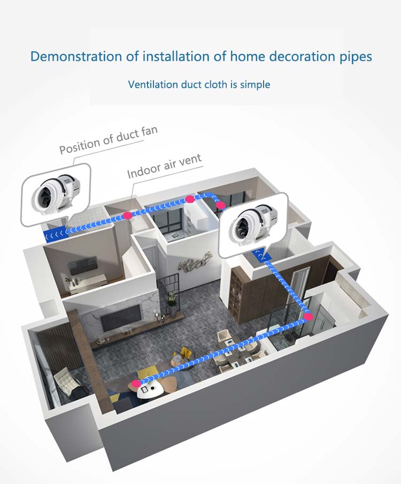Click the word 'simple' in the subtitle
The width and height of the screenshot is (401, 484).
[254, 84]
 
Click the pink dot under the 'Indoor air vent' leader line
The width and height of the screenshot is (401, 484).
[127, 215]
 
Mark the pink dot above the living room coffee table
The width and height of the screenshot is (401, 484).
[137, 383]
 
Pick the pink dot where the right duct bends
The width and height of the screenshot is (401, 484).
[309, 317]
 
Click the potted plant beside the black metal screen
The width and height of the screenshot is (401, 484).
[171, 300]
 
